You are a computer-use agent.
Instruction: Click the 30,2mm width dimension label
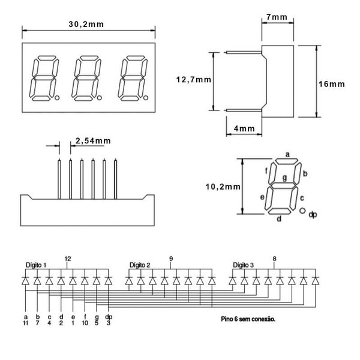[x=86, y=25]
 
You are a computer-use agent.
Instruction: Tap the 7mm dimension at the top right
[x=277, y=17]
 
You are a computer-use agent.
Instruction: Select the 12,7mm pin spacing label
[x=194, y=80]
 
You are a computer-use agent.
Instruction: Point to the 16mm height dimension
[x=332, y=84]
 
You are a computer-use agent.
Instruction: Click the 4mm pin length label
[x=244, y=128]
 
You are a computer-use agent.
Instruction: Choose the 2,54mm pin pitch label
[x=93, y=141]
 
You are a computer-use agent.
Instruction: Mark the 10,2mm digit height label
[x=223, y=187]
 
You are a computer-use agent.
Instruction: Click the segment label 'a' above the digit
[x=287, y=155]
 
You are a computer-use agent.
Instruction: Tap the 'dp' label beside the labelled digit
[x=313, y=214]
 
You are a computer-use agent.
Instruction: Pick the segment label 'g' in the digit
[x=284, y=178]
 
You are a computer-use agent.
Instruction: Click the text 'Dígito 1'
[x=36, y=265]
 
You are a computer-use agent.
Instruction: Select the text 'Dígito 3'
[x=244, y=265]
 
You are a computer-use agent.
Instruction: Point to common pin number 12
[x=68, y=259]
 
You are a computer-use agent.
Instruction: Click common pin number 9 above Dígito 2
[x=171, y=259]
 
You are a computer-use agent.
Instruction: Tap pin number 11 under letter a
[x=25, y=323]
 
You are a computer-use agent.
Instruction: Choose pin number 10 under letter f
[x=85, y=323]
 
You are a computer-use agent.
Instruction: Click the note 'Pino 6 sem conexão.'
[x=248, y=319]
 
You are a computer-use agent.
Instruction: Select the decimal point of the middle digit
[x=100, y=98]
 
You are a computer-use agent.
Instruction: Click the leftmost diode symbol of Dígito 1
[x=25, y=281]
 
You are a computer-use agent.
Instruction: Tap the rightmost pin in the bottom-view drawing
[x=115, y=179]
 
